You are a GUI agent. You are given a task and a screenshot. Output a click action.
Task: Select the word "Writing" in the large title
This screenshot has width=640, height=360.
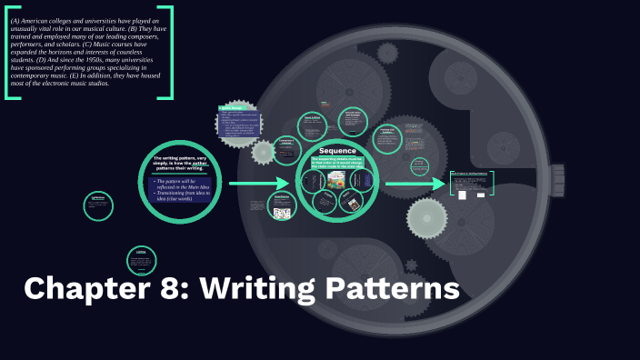pyautogui.click(x=258, y=289)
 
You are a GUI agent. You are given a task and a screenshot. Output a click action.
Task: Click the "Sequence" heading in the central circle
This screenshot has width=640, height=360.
pyautogui.click(x=337, y=150)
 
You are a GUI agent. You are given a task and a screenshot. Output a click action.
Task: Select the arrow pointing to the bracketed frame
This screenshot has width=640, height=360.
pyautogui.click(x=415, y=185)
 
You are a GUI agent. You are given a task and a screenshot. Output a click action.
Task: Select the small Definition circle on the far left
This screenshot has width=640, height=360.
pyautogui.click(x=98, y=205)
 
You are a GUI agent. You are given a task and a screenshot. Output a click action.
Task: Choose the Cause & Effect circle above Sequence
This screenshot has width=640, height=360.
pyautogui.click(x=310, y=122)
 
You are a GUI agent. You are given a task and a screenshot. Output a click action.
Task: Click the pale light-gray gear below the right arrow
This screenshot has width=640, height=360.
pyautogui.click(x=426, y=218)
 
